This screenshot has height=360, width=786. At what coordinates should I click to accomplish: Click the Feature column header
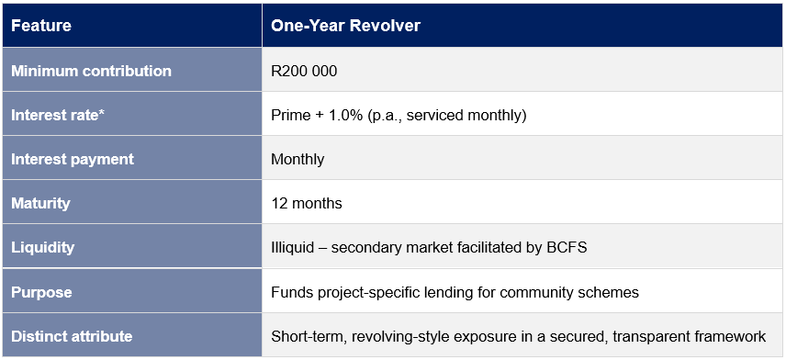tap(41, 26)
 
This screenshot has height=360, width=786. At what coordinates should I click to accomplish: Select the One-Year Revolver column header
tap(345, 26)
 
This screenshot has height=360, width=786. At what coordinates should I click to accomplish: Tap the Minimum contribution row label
tap(91, 71)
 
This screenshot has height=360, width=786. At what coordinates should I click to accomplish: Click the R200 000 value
tap(304, 71)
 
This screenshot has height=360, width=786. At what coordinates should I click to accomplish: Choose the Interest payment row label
tap(73, 160)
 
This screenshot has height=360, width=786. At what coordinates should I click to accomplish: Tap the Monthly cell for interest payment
tap(298, 160)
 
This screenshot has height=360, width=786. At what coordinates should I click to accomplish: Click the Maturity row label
tap(40, 203)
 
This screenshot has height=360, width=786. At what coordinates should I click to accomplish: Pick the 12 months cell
tap(307, 203)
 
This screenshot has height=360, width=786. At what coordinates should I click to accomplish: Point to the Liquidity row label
tap(42, 247)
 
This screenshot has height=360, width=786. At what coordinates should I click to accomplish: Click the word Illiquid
tap(292, 247)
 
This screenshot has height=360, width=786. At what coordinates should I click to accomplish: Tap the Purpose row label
tap(41, 292)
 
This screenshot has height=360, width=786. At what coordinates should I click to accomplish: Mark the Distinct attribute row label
tap(72, 335)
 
